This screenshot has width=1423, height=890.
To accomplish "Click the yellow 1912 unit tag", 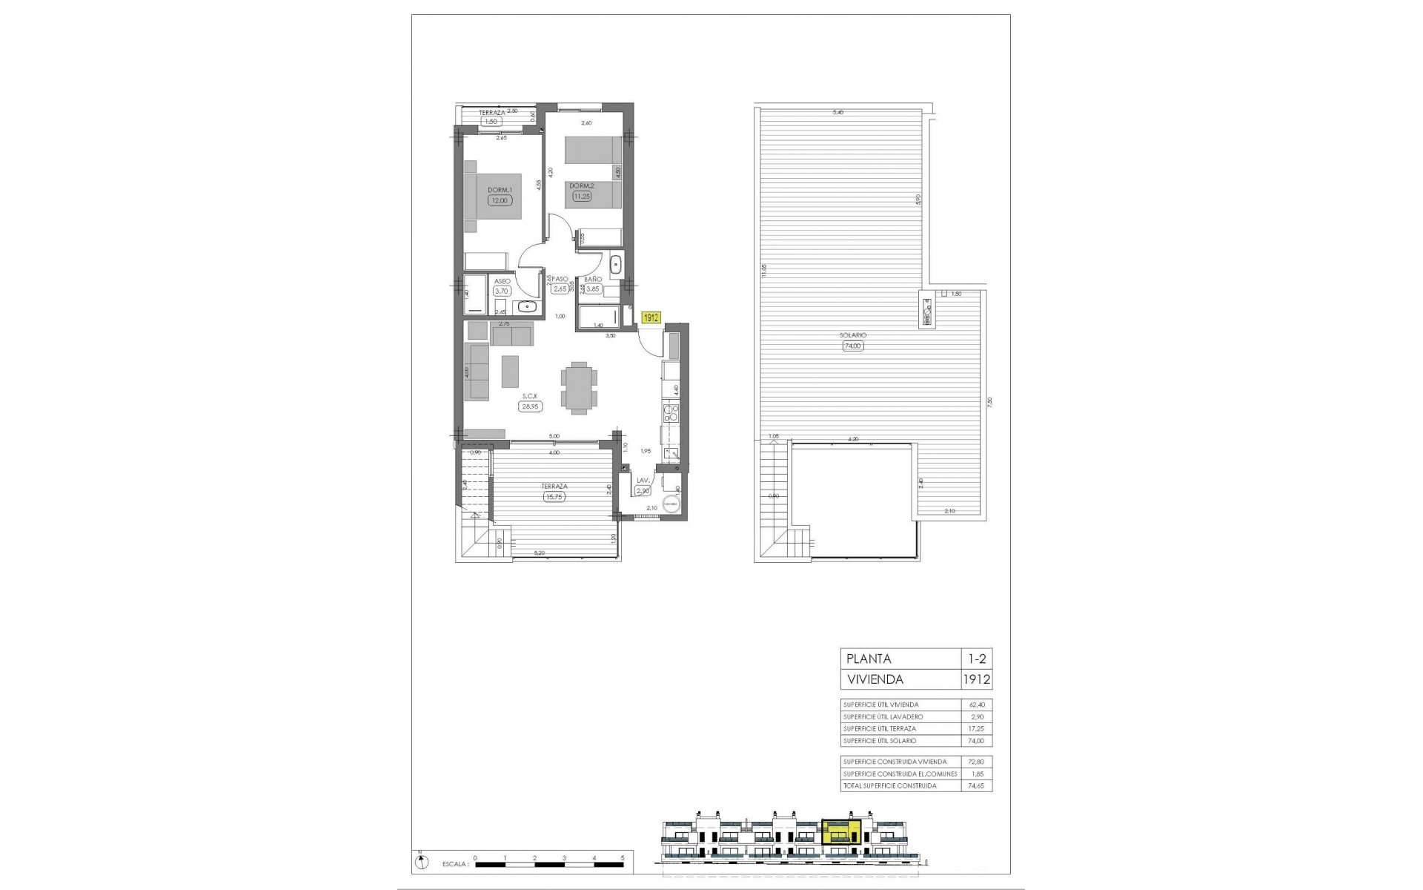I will point(651,317).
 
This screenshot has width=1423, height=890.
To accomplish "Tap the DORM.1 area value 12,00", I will point(499,200).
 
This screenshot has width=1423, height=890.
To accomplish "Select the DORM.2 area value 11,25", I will point(580,197).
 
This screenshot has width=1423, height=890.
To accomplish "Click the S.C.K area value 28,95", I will point(528,406).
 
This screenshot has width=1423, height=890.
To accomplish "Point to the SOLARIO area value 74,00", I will point(854,346).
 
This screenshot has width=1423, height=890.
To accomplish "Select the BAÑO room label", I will point(592,280).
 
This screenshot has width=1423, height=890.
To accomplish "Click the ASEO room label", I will point(502,282).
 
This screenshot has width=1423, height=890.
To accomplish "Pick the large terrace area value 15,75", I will point(554,497).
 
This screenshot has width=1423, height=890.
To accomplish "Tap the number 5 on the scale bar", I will point(623,857).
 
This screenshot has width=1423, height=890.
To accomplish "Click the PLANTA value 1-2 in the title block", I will point(975,659).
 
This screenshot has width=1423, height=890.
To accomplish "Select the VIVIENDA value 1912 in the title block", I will point(975,679).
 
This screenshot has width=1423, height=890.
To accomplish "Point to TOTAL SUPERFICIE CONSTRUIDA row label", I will point(889,785).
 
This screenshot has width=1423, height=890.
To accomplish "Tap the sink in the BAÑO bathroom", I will point(615,264).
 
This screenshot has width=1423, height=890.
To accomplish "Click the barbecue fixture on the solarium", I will point(927,310).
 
